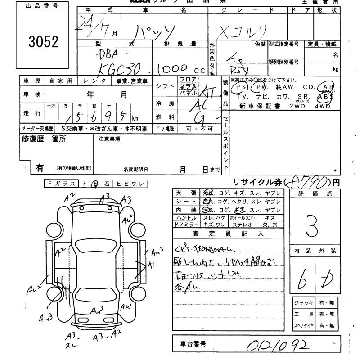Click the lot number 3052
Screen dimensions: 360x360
(43, 42)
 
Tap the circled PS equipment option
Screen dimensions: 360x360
(242, 87)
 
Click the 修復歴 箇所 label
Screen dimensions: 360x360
(44, 139)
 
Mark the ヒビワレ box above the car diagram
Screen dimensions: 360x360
(129, 184)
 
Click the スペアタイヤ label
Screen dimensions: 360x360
(304, 325)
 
